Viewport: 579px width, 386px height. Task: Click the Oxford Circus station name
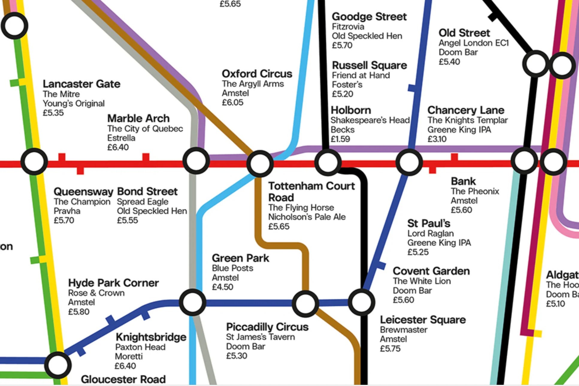click(x=257, y=74)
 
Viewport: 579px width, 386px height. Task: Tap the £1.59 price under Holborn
click(x=340, y=139)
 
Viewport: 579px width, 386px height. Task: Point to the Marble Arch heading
click(x=138, y=118)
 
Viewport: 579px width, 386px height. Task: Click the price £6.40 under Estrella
click(x=118, y=147)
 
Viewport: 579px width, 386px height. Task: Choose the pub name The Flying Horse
click(x=301, y=207)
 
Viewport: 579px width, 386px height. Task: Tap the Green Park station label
click(x=240, y=258)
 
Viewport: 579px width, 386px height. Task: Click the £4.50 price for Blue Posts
click(x=222, y=287)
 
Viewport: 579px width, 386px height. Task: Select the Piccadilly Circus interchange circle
click(x=305, y=303)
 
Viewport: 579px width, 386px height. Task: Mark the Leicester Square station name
click(x=423, y=320)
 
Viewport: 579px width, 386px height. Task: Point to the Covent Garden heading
click(x=431, y=271)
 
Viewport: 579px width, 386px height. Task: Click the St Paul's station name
click(x=428, y=223)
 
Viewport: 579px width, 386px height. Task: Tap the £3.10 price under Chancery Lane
click(x=437, y=139)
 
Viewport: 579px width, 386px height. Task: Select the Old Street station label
click(x=464, y=33)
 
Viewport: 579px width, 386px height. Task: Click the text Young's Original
click(x=73, y=103)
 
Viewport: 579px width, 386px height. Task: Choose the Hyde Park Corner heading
click(x=113, y=283)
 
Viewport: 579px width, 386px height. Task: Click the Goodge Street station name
click(x=369, y=16)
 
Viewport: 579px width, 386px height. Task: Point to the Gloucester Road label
click(x=123, y=379)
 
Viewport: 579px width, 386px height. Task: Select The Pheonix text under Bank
click(x=475, y=191)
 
